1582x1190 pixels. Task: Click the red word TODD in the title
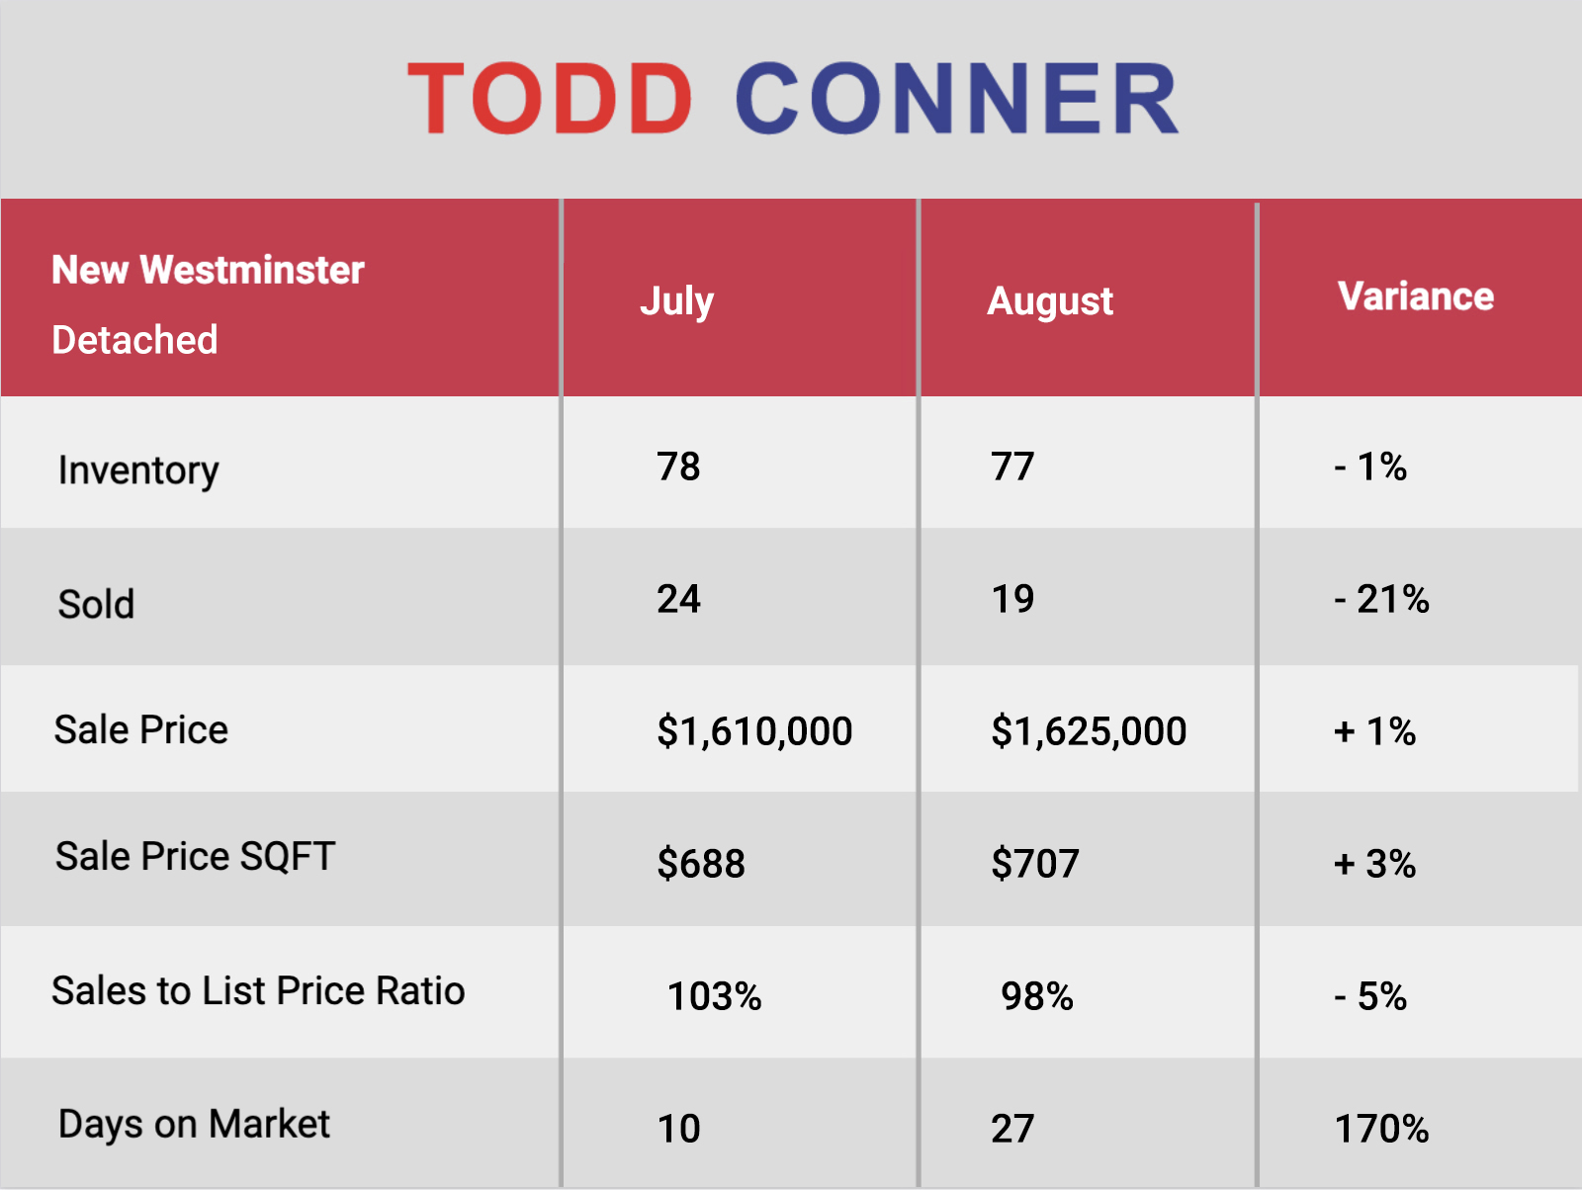(549, 98)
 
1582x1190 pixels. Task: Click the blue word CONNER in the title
(956, 98)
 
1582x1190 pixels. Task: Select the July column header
(676, 301)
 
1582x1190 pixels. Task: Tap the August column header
(1050, 301)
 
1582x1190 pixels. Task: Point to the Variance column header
(1416, 297)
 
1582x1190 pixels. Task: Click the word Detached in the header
(134, 340)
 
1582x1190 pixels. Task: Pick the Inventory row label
(138, 471)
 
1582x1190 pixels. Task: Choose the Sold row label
(96, 604)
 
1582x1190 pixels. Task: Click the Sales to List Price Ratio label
(258, 990)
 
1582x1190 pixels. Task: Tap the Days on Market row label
(194, 1125)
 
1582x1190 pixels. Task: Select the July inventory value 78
(678, 467)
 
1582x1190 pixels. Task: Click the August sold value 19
(1012, 599)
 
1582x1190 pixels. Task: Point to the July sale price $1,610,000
(754, 731)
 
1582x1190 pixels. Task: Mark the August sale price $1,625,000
(1089, 731)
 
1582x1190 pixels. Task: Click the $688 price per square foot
(701, 864)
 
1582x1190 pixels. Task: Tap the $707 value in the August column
(1035, 864)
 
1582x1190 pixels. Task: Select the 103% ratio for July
(714, 997)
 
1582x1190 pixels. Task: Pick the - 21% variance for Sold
(1381, 599)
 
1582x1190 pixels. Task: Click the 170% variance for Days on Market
(1381, 1129)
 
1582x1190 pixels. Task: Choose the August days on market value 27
(1012, 1129)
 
